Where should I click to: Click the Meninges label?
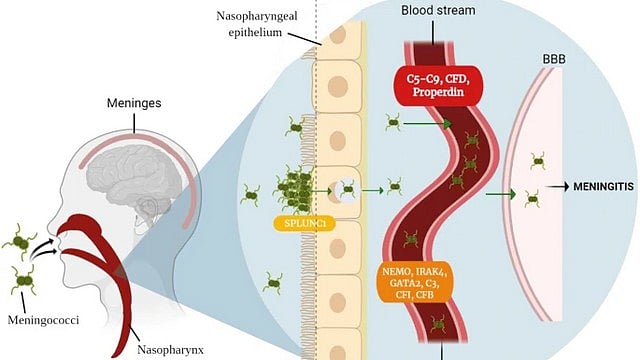point(136,104)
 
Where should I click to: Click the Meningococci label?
point(42,321)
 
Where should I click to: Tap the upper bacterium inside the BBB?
point(539,160)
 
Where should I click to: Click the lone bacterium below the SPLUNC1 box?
point(271,283)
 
